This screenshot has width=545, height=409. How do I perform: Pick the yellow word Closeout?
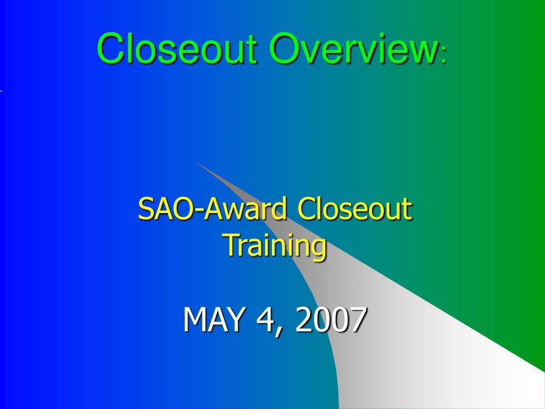click(x=354, y=209)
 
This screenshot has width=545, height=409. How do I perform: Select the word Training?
click(x=275, y=245)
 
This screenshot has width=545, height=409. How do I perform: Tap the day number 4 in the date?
click(x=263, y=320)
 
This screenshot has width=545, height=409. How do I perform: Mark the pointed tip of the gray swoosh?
click(x=197, y=163)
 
